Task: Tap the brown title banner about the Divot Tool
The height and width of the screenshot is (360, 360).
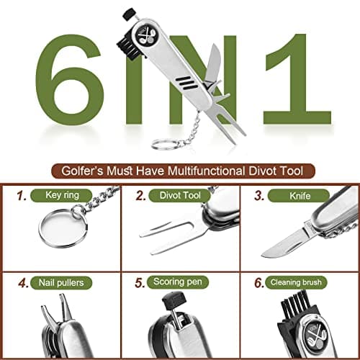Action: [x=184, y=171]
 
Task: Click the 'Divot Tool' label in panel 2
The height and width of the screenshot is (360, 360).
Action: [x=180, y=194]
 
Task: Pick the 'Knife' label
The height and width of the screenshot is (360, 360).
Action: [x=295, y=194]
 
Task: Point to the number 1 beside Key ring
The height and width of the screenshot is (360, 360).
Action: [x=22, y=195]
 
